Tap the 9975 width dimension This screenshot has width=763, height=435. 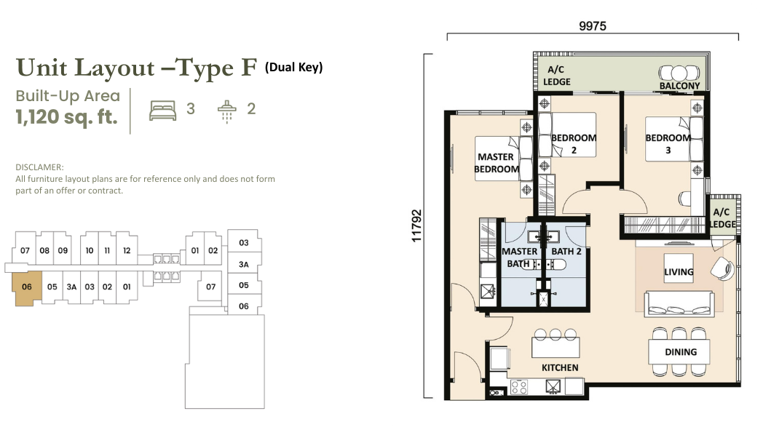click(592, 26)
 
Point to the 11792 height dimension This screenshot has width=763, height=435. click(416, 226)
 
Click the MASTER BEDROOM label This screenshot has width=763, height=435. click(497, 163)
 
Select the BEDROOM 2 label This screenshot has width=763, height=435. click(574, 144)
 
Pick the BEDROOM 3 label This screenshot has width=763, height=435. click(668, 144)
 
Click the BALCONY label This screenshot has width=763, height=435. click(679, 86)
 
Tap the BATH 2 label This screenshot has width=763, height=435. click(566, 251)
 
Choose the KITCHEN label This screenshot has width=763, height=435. click(560, 368)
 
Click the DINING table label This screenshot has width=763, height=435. click(681, 352)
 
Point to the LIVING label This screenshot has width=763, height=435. click(679, 271)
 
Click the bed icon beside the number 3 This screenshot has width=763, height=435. click(162, 111)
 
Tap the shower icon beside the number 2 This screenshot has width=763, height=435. click(226, 112)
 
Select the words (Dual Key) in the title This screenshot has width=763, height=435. click(294, 67)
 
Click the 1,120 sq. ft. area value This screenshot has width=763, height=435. click(67, 117)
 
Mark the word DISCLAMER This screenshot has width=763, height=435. click(39, 167)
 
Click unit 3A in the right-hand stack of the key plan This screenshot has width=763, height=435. click(244, 264)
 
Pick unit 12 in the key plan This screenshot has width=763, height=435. click(127, 251)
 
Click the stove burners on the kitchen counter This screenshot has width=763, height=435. click(518, 388)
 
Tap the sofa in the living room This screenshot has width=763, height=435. click(679, 304)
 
